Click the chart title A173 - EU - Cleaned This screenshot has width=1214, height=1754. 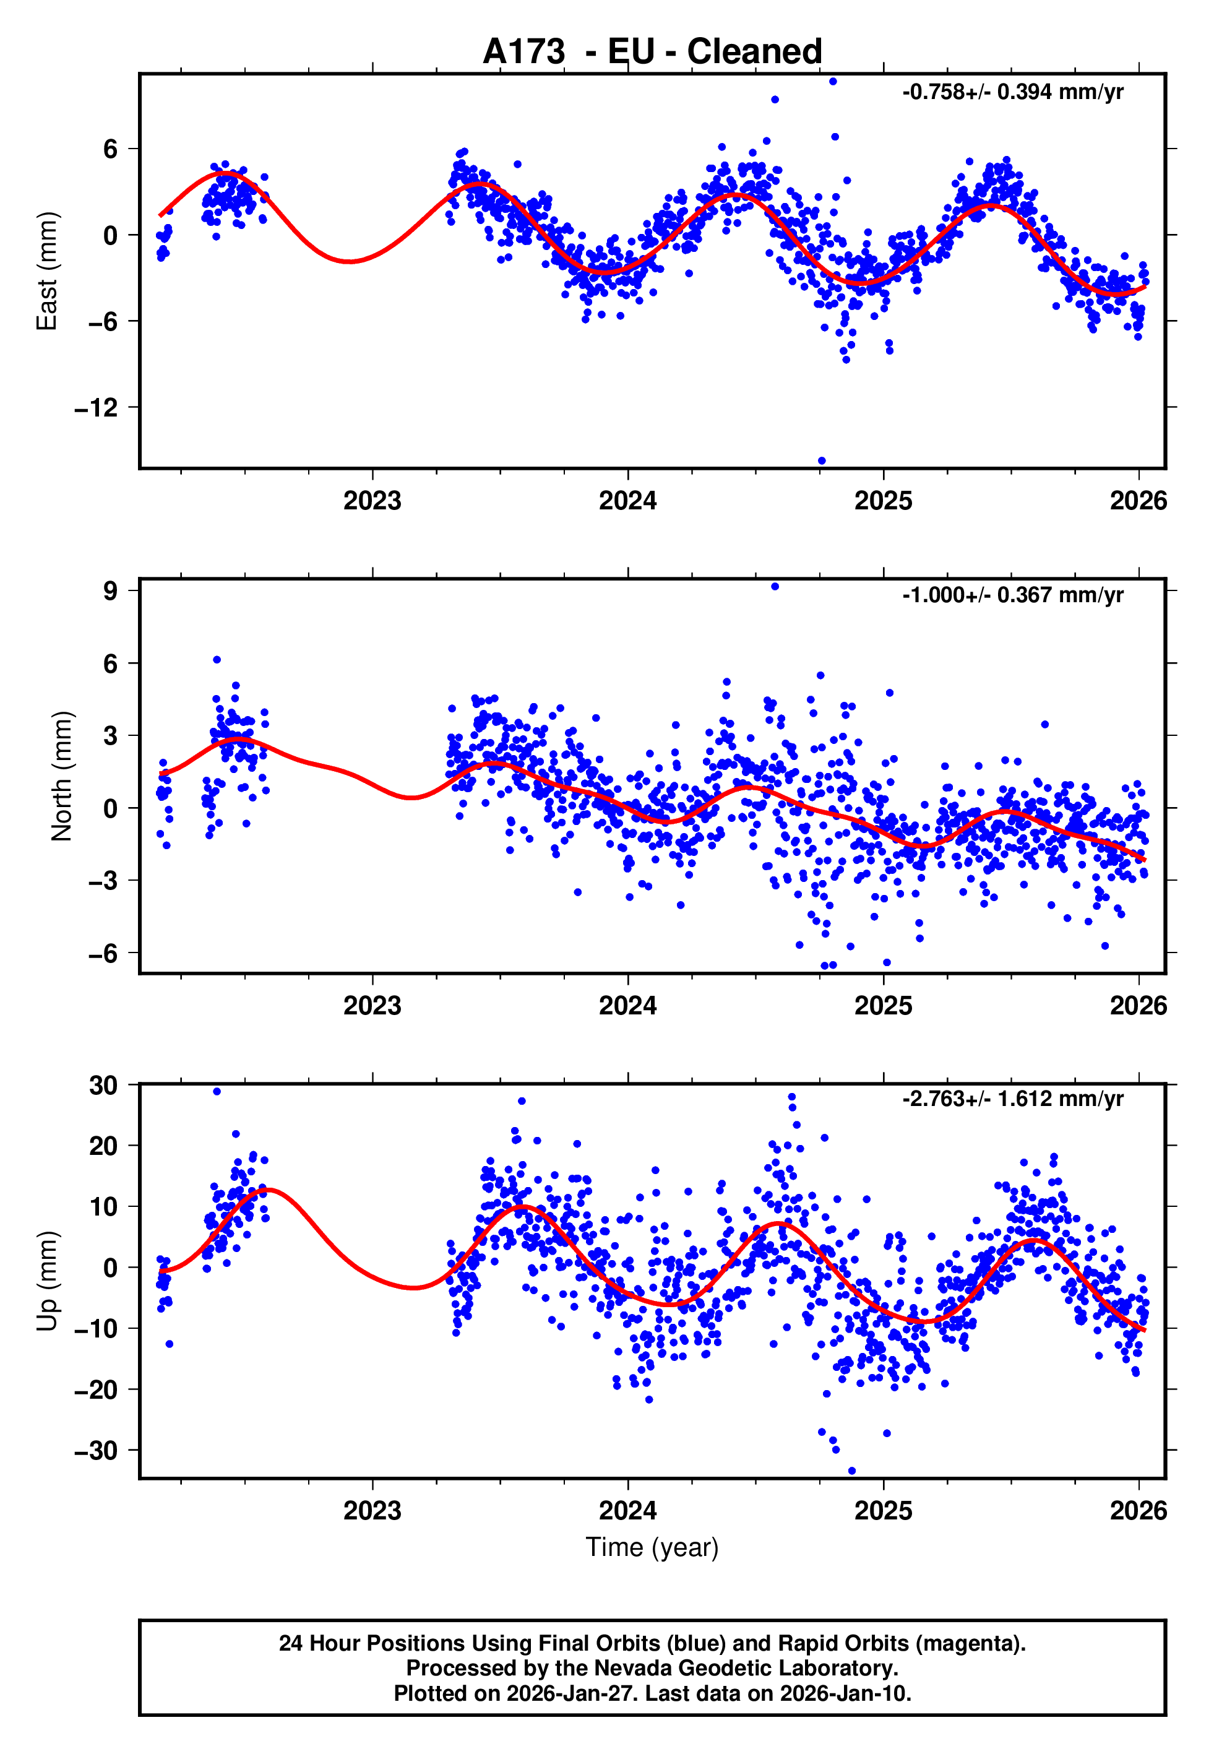652,52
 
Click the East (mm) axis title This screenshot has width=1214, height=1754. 47,271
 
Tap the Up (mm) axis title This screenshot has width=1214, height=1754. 47,1281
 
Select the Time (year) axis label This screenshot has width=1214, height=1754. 652,1547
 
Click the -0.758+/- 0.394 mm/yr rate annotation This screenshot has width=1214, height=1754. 1012,92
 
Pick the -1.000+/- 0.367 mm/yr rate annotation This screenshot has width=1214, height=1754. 1012,595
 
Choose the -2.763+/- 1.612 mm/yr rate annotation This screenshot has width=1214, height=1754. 1012,1099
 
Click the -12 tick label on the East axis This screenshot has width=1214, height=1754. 96,408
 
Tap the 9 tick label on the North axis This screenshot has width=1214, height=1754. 110,590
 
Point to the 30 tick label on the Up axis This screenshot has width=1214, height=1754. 103,1086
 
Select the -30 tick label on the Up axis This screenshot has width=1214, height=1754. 96,1451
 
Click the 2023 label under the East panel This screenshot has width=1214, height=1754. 372,501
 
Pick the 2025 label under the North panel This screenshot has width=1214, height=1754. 883,1006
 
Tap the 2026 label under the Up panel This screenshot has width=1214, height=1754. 1138,1510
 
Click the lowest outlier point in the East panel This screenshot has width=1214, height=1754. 822,461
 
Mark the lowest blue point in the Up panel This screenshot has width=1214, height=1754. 852,1471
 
